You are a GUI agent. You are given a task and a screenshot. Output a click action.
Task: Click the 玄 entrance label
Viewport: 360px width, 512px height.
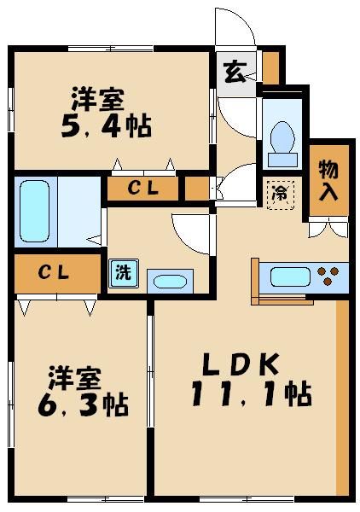[234, 73]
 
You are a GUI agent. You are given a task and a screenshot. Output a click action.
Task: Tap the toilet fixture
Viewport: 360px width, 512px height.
[281, 139]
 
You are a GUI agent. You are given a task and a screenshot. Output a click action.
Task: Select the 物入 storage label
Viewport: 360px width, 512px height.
[328, 179]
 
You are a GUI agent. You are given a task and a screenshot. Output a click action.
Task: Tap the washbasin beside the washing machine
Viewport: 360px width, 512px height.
[171, 281]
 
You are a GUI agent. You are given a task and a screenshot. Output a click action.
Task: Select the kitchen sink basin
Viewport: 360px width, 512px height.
[290, 276]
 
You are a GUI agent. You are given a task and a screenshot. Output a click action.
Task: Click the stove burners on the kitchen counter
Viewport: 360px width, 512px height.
[329, 276]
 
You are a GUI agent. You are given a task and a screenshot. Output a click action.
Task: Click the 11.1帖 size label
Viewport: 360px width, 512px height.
[252, 395]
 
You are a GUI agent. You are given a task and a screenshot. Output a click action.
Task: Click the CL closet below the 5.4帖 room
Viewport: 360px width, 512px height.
[142, 189]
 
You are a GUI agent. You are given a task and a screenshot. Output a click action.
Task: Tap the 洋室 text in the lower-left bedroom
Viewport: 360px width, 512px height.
[75, 375]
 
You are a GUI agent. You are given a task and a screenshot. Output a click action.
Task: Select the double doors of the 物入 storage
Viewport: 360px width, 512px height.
[328, 228]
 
